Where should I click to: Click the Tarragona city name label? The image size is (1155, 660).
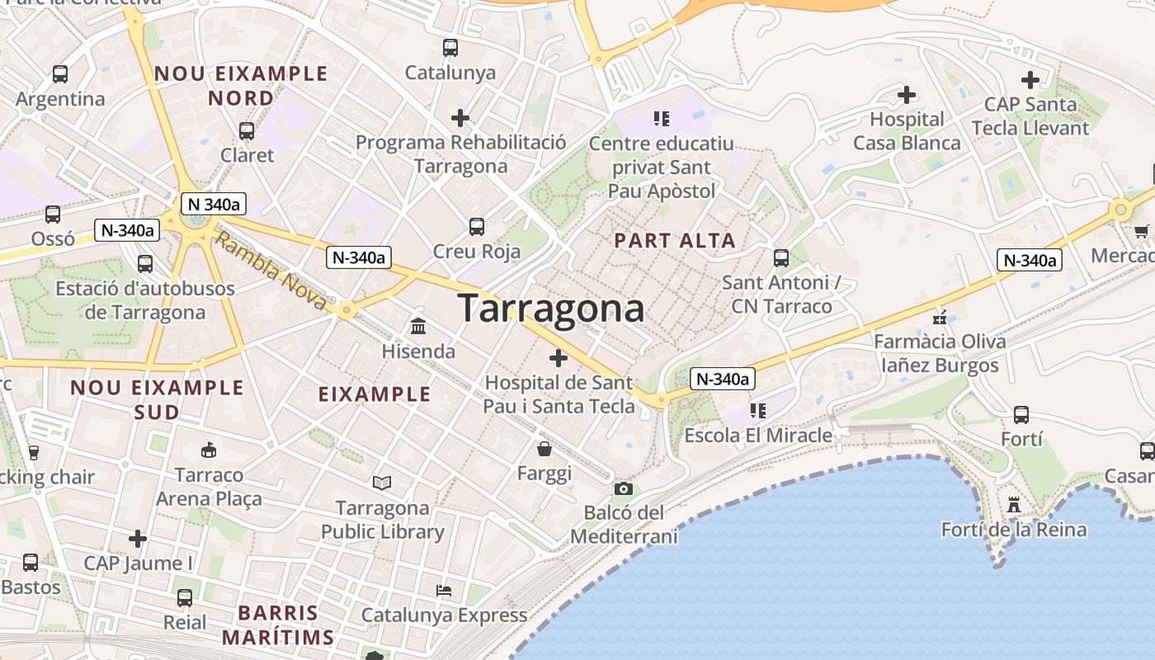551,309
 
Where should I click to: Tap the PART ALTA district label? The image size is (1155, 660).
675,241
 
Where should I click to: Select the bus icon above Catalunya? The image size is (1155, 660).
450,48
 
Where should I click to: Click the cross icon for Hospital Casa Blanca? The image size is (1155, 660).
907,95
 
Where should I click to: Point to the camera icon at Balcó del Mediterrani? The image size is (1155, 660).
624,488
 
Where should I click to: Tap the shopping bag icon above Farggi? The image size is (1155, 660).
544,449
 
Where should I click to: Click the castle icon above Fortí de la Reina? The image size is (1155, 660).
1014,504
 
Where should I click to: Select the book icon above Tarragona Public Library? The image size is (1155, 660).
381,483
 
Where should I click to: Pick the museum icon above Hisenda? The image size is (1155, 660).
418,327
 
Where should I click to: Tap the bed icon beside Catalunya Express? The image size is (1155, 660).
444,591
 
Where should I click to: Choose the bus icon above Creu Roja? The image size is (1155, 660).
477,226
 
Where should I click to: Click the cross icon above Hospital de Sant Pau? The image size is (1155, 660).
559,358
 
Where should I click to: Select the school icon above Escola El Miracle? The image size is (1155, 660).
757,410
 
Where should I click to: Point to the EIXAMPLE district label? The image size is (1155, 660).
375,394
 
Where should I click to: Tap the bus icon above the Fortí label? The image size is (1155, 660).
1021,414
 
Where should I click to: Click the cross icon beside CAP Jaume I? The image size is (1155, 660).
138,539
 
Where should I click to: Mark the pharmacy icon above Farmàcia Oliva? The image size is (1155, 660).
939,317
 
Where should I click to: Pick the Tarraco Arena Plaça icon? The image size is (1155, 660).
209,450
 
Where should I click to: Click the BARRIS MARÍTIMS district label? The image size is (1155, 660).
278,625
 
